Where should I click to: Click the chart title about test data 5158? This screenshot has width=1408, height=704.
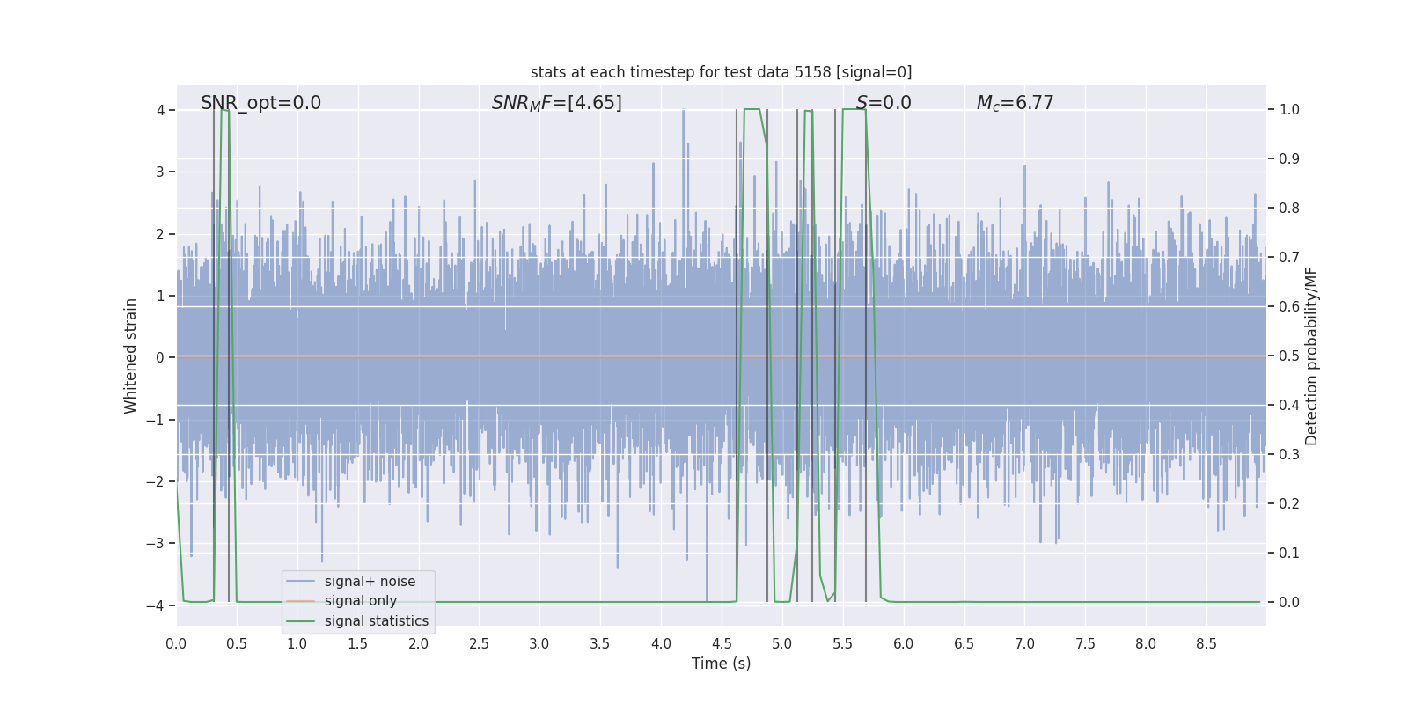(721, 72)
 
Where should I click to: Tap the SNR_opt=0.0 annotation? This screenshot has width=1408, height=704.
(260, 103)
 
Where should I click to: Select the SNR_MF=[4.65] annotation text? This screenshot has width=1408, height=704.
(556, 103)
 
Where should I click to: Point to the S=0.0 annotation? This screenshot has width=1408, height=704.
(884, 103)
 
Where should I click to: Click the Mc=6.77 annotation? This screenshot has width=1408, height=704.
(1015, 103)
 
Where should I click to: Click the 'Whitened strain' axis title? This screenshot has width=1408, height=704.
(131, 356)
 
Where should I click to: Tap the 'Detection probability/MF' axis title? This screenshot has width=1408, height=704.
(1311, 356)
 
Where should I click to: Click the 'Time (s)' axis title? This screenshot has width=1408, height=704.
(721, 664)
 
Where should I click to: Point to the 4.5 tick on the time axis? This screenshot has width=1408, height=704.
(722, 644)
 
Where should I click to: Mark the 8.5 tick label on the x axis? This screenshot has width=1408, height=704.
(1206, 644)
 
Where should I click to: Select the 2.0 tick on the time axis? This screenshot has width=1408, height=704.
(419, 644)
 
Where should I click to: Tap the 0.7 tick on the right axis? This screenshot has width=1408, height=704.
(1289, 258)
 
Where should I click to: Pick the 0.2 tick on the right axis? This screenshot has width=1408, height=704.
(1289, 504)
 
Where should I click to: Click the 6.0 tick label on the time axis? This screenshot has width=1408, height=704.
(904, 644)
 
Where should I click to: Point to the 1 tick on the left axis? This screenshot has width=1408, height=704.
(160, 296)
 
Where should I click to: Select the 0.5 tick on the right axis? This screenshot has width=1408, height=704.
(1289, 356)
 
